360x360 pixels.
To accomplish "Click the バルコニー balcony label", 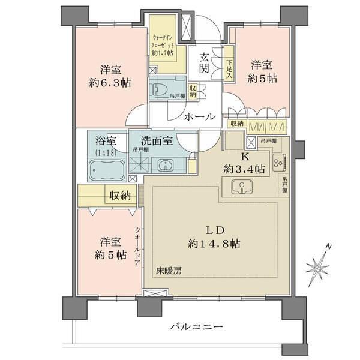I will click(x=196, y=326).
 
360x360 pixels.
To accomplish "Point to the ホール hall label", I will click(x=196, y=116).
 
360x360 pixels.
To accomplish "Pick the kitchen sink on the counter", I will click(x=240, y=188).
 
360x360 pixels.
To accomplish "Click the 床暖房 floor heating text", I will click(x=170, y=271).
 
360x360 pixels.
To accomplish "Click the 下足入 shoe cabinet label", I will click(x=230, y=67).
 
